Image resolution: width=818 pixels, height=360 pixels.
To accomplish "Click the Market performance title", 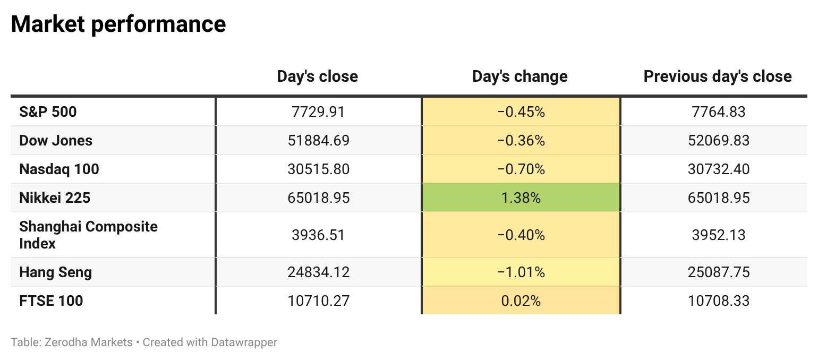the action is tap(118, 24).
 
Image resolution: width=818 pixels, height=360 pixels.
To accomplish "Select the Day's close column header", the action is tap(317, 76).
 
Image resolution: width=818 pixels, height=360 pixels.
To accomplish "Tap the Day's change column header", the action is tap(519, 76).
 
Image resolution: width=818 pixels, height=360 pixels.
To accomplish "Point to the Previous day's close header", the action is tap(718, 76).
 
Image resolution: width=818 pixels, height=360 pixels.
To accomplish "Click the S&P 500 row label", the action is tap(48, 112).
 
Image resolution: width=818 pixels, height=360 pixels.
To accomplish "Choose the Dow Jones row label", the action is tap(55, 141).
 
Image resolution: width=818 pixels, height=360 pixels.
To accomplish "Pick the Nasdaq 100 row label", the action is tap(59, 169).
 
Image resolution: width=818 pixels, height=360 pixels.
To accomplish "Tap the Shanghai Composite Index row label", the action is tap(88, 235).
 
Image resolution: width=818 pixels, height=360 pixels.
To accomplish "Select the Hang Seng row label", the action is tap(55, 272).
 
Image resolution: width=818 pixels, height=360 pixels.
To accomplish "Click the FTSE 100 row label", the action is tap(51, 301).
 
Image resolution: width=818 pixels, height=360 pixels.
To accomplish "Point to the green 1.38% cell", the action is tap(521, 198).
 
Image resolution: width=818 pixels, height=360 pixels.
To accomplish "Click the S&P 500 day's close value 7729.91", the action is tap(318, 112).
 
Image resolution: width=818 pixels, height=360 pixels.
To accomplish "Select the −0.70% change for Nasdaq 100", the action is tap(521, 169).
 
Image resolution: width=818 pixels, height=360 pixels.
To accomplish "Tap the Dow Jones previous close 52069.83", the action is tap(719, 141).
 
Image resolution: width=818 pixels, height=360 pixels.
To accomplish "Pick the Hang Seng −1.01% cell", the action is tap(521, 272).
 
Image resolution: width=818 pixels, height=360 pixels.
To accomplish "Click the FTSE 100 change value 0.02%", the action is tap(521, 301).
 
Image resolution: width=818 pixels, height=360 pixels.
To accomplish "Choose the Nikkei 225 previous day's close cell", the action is tap(719, 198).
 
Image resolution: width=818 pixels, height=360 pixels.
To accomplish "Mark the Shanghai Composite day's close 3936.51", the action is tap(318, 235).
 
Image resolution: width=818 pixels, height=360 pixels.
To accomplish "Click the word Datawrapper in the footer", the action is tap(244, 342).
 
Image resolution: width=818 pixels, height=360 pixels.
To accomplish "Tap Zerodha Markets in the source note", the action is tap(88, 342).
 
